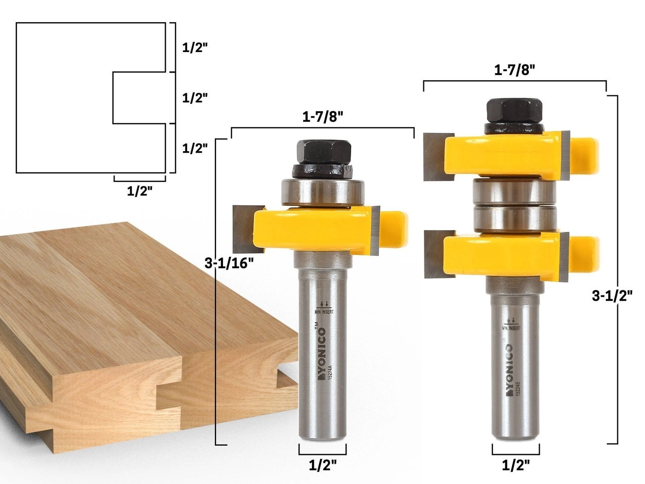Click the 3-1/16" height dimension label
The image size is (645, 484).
pos(229,263)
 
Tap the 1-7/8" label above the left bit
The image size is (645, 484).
pos(323,117)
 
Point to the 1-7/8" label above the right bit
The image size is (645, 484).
pos(515,70)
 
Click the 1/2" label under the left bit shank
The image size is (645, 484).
pos(322,465)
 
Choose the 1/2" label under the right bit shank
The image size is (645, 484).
pos(516,465)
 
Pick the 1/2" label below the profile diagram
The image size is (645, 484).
pos(140,191)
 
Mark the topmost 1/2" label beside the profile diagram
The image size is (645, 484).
pos(195,47)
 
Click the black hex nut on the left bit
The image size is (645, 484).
pos(324,152)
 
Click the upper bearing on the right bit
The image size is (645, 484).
pos(514,191)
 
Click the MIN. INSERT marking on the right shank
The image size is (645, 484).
pos(511,328)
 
